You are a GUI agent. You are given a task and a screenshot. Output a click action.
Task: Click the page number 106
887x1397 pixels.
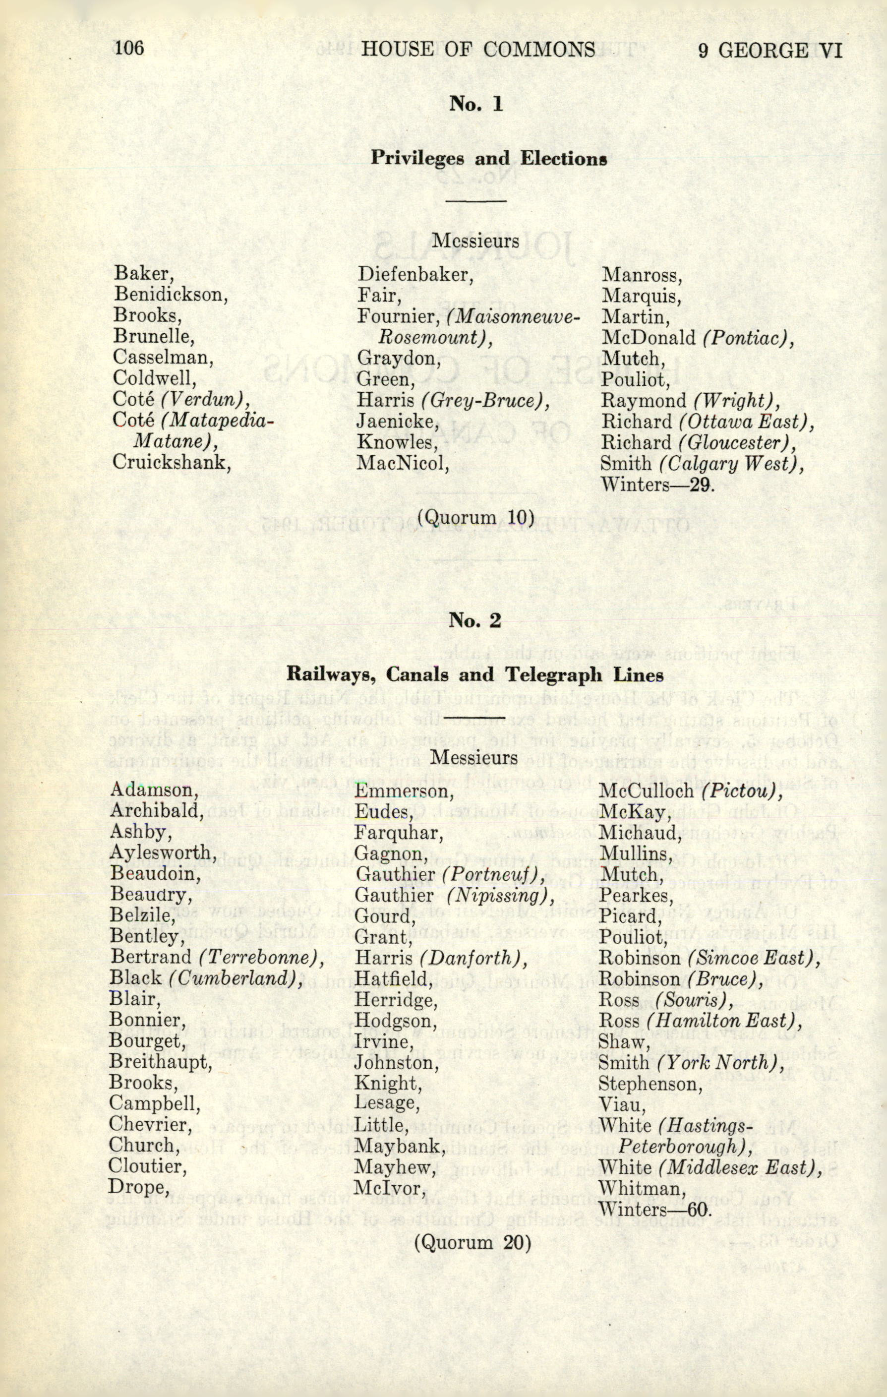pyautogui.click(x=129, y=48)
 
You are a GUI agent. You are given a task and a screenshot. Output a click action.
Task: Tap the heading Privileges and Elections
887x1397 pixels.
pyautogui.click(x=488, y=158)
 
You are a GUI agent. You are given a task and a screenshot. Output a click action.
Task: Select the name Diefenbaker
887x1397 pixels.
pyautogui.click(x=415, y=274)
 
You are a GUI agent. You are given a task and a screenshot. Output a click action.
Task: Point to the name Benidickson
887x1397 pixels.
pyautogui.click(x=170, y=294)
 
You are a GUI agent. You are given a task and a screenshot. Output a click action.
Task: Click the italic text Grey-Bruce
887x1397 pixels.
pyautogui.click(x=484, y=400)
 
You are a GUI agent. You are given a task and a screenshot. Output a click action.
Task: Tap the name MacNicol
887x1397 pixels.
pyautogui.click(x=403, y=463)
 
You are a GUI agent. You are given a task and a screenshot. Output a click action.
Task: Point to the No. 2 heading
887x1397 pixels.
pyautogui.click(x=474, y=621)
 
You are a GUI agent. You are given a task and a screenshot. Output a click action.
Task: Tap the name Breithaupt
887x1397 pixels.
pyautogui.click(x=161, y=1062)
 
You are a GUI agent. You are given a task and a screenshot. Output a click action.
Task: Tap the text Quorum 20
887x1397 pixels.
pyautogui.click(x=472, y=1243)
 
